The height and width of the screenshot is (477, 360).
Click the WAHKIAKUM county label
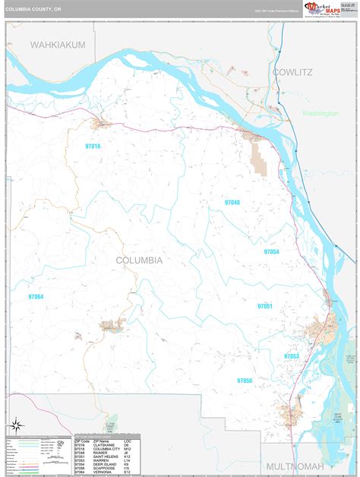[x=58, y=45]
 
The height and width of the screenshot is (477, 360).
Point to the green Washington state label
[x=320, y=113]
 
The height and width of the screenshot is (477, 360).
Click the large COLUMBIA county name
[x=139, y=260]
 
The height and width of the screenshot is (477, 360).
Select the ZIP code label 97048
[x=232, y=203]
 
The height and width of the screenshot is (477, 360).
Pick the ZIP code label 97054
[x=271, y=251]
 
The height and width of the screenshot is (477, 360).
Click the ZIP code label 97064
[x=36, y=297]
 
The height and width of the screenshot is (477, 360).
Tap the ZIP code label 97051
[x=264, y=306]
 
